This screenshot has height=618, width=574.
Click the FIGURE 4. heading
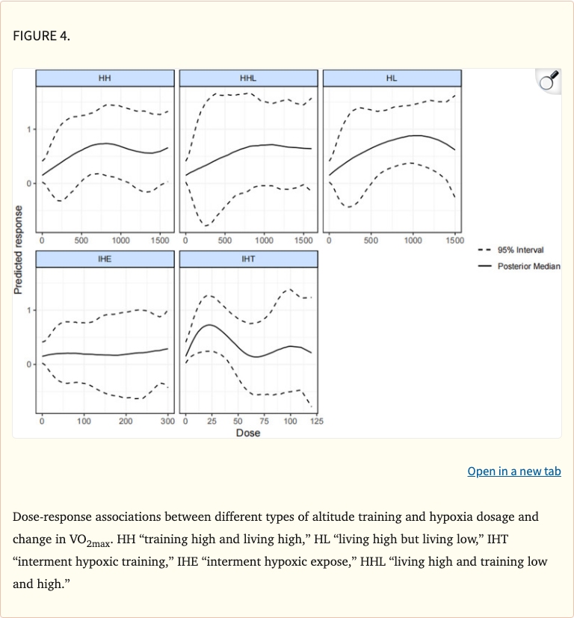pyautogui.click(x=42, y=36)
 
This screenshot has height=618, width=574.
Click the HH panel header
pyautogui.click(x=105, y=78)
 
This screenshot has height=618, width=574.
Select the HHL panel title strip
pyautogui.click(x=248, y=78)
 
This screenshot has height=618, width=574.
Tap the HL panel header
pyautogui.click(x=392, y=78)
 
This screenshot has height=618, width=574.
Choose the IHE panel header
pyautogui.click(x=105, y=259)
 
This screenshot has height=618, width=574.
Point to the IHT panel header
pyautogui.click(x=248, y=259)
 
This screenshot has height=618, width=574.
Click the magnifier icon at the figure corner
pyautogui.click(x=549, y=81)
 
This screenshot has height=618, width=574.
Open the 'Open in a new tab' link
pyautogui.click(x=513, y=471)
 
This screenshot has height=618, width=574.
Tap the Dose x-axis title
pyautogui.click(x=248, y=433)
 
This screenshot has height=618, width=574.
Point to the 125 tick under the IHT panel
pyautogui.click(x=316, y=421)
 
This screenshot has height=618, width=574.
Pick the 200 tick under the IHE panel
pyautogui.click(x=126, y=421)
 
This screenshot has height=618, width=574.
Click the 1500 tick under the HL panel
pyautogui.click(x=454, y=241)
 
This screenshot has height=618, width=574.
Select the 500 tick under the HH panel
pyautogui.click(x=81, y=241)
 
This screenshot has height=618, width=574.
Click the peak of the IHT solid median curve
pyautogui.click(x=211, y=325)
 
